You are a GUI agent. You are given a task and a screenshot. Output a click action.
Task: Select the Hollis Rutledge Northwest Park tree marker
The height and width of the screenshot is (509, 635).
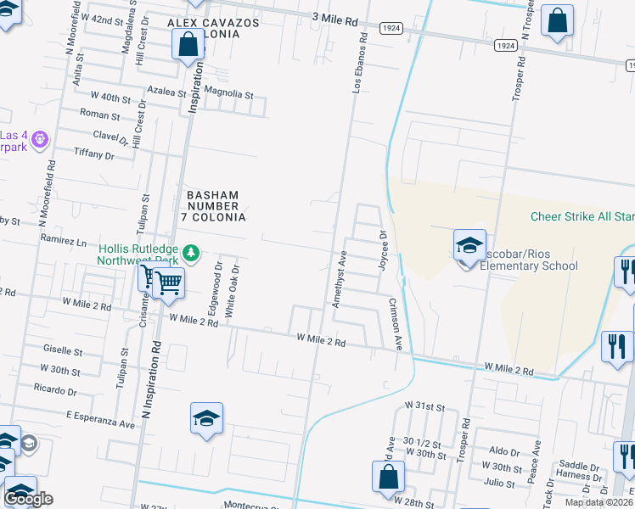(193, 252)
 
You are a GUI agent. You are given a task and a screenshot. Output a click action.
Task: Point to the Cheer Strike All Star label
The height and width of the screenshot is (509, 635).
(582, 216)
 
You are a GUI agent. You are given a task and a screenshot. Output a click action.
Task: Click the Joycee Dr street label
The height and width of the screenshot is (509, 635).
(383, 246)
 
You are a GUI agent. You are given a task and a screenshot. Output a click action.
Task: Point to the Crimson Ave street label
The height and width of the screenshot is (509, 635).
(396, 324)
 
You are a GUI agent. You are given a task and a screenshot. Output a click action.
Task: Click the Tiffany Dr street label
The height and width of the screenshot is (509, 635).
(94, 155)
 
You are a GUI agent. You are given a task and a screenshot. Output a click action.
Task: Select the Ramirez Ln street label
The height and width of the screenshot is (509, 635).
(64, 242)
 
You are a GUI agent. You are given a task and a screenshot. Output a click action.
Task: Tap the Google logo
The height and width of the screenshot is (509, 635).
(28, 499)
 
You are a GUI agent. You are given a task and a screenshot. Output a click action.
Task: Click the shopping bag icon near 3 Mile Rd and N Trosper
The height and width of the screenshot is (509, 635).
(557, 22)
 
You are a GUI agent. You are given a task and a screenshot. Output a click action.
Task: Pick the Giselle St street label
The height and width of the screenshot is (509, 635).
(63, 350)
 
